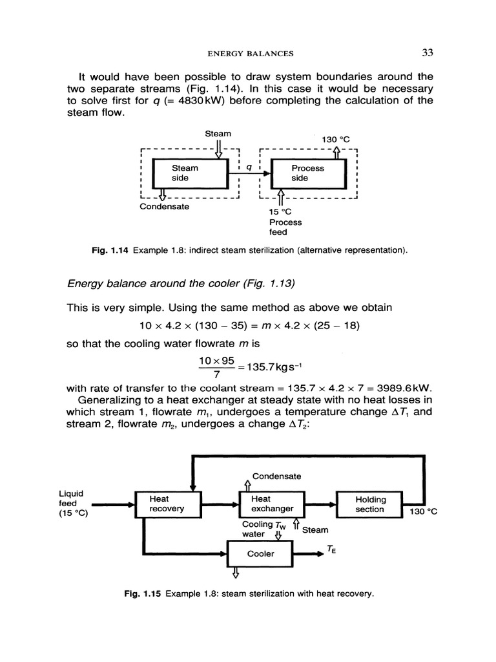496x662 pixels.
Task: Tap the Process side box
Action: pos(308,173)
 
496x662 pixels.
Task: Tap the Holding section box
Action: pos(370,504)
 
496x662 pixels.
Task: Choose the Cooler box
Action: pos(261,553)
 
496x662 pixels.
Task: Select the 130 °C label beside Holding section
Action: pos(423,511)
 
